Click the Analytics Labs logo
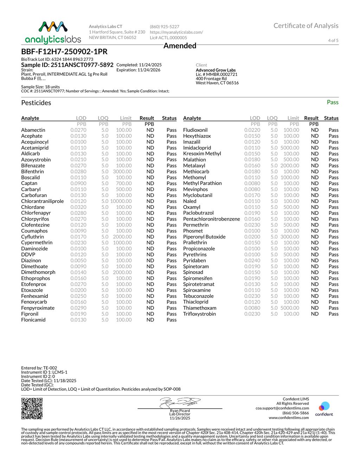[53, 32]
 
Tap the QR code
[32, 408]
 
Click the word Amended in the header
[180, 46]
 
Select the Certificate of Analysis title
[306, 26]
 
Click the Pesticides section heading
[36, 103]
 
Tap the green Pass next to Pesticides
[332, 102]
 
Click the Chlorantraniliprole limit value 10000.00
[121, 201]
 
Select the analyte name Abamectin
[33, 130]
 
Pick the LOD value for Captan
[78, 183]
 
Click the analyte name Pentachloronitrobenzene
[211, 219]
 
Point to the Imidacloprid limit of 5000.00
[290, 148]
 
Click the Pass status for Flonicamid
[172, 320]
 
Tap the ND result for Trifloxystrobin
[315, 314]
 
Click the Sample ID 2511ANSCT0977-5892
[67, 65]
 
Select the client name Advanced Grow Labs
[216, 70]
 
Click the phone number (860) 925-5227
[165, 27]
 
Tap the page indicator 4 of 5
[333, 40]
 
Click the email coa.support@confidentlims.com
[282, 408]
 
